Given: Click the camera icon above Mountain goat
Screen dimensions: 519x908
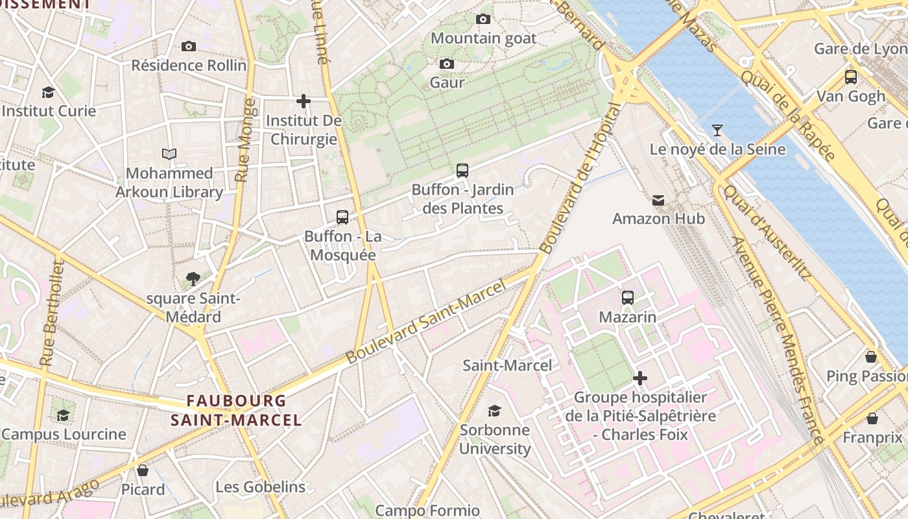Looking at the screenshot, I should point(483,19).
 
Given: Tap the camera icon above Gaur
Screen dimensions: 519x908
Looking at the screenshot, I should point(447,64).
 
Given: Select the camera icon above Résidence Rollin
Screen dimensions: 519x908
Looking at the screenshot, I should point(189,46).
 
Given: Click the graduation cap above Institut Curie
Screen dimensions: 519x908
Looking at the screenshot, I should point(48,92).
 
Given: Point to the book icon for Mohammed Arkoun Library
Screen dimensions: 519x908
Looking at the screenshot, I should point(169,154).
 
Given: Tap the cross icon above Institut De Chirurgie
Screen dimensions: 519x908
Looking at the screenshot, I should point(303,101).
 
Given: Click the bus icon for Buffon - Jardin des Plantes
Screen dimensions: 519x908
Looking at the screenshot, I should point(462,171).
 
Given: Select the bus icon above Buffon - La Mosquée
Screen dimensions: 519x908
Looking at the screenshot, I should point(342,217).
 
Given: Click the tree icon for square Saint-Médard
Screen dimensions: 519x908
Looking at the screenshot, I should point(193,279).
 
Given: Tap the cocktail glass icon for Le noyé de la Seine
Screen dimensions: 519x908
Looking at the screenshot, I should point(717,130).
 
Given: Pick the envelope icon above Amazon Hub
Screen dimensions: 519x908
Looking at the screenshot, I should point(658,200).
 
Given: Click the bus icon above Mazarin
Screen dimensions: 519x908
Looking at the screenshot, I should point(627,298).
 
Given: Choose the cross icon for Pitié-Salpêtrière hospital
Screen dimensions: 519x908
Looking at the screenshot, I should point(640,378).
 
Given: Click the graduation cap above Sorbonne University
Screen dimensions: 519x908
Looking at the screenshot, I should point(495,411).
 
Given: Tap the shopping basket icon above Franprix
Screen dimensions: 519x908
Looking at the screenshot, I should point(872,418).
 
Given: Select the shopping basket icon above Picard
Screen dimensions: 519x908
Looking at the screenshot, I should point(143,470).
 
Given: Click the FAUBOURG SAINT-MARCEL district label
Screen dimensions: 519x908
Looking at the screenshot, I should point(236,410).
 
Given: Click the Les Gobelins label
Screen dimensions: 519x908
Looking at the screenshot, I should point(260,487).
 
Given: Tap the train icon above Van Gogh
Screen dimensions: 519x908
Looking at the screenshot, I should point(851,77).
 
